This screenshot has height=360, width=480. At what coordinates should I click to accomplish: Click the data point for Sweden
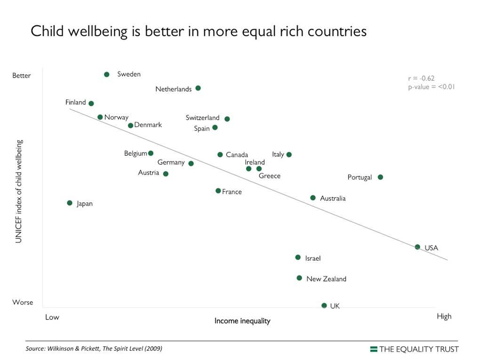107,74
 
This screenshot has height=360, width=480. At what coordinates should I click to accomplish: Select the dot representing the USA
417,247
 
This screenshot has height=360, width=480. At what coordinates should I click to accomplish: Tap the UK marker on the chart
324,305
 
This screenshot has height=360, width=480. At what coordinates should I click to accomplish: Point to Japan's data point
70,203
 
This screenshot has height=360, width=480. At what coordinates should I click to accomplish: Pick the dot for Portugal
380,177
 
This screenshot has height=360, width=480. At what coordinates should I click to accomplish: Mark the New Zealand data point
299,278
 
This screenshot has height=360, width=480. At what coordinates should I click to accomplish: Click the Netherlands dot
198,88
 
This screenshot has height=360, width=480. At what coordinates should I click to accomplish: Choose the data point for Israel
298,257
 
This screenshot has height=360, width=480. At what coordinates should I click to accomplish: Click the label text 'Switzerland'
202,118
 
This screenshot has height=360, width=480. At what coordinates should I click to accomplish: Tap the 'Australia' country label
333,199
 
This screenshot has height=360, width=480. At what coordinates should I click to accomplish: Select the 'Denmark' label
148,125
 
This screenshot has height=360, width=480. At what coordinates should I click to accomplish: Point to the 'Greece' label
270,176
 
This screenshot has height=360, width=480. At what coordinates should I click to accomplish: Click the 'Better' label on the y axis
22,76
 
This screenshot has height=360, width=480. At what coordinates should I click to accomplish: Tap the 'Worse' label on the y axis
23,302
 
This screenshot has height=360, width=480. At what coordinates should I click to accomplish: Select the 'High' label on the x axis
444,316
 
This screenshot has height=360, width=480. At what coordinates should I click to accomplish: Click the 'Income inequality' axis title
242,321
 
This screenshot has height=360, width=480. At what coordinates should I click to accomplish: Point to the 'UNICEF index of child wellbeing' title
19,191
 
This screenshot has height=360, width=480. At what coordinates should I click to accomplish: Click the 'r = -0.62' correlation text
421,79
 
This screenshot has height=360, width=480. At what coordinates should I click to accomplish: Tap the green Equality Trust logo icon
374,349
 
